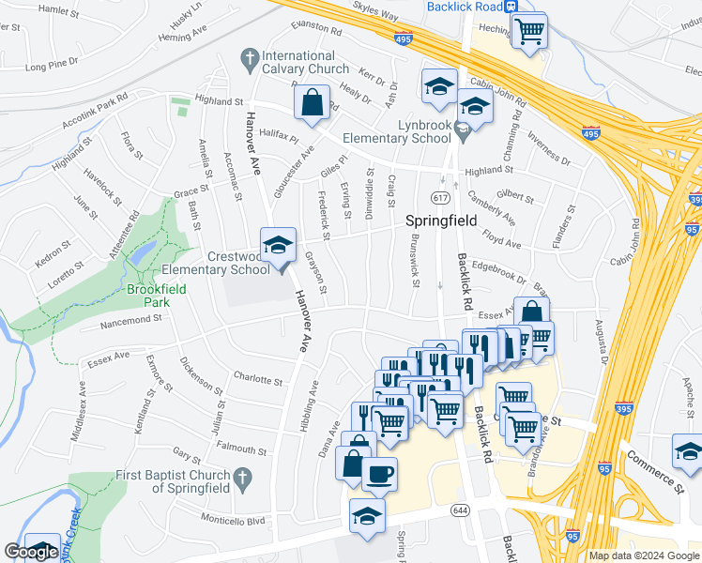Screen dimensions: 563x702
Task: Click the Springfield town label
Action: point(441,221)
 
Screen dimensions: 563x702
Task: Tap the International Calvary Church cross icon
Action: point(250,59)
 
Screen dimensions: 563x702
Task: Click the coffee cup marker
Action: point(379,475)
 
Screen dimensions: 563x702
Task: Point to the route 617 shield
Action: point(439,198)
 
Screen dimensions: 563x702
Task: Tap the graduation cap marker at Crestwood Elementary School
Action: point(278,246)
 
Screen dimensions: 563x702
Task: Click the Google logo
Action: point(31,553)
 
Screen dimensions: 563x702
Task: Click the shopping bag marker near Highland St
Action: point(313,102)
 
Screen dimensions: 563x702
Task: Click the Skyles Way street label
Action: point(375,16)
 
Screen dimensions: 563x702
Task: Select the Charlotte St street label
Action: point(258,382)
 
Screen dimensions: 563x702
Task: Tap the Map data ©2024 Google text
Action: point(643,555)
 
